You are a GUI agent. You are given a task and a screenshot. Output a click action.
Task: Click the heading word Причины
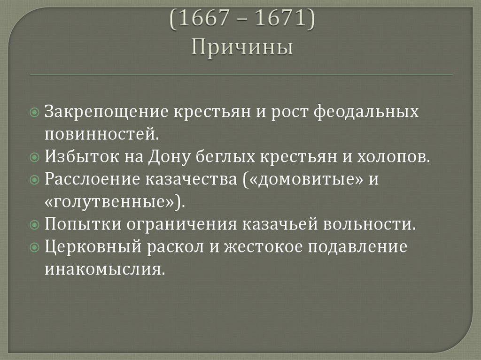[x=242, y=47]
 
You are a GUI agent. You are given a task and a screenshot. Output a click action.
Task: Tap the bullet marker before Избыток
[x=36, y=157]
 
